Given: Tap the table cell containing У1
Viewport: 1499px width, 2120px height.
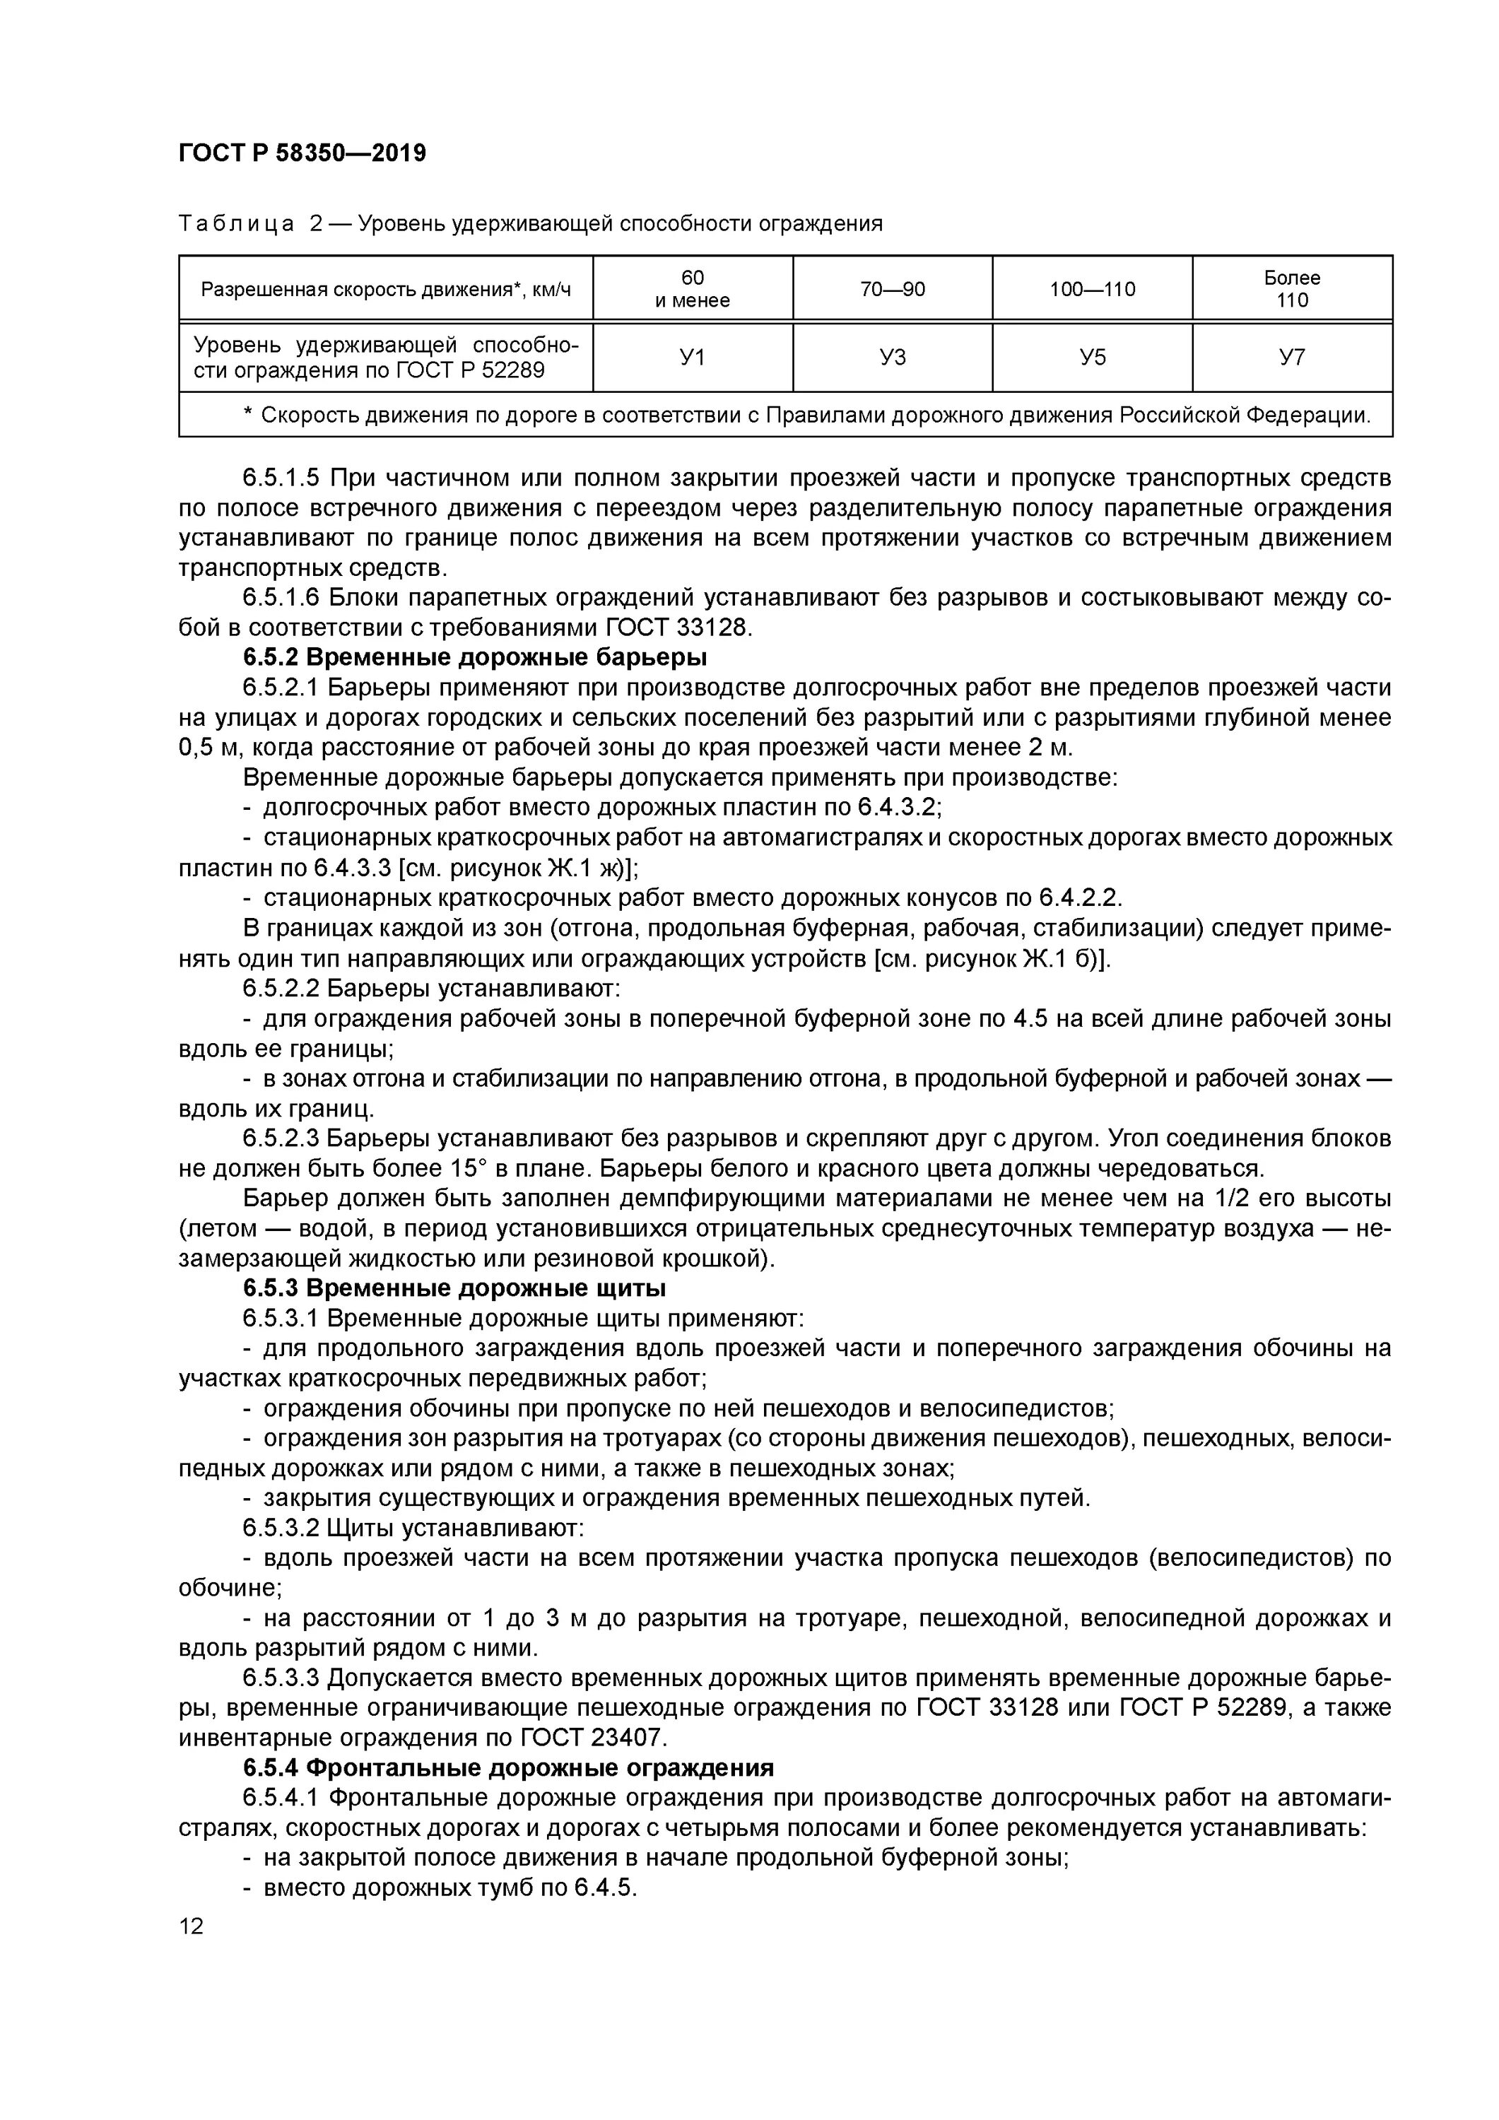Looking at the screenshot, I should tap(692, 358).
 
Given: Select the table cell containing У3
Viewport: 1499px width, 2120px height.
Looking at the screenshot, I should tap(892, 358).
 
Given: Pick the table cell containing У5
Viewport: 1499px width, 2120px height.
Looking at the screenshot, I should tap(1092, 358).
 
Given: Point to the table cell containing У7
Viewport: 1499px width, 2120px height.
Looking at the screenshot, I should tap(1291, 358).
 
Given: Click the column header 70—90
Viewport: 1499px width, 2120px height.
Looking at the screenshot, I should tap(892, 289).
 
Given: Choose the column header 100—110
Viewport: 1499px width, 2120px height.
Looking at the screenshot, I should tap(1092, 289).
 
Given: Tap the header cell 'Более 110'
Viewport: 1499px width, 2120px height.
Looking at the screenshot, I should tap(1291, 289).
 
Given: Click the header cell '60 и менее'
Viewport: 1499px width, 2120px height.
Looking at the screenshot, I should tap(692, 289).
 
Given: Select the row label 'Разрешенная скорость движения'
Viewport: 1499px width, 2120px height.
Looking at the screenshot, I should tap(386, 290).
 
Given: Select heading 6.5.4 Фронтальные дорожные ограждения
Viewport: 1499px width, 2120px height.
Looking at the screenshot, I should tap(508, 1768).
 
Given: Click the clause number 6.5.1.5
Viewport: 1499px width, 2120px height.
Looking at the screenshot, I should tap(281, 478).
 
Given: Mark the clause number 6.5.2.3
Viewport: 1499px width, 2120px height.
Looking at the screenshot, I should tap(281, 1138).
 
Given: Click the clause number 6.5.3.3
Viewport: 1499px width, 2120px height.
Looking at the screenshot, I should tap(281, 1678).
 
